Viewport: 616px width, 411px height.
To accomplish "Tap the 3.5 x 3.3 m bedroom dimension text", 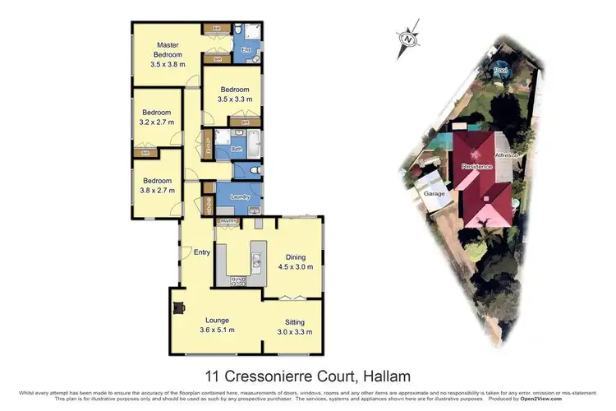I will point(234,99).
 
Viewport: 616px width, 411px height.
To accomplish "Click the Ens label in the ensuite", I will point(244,50).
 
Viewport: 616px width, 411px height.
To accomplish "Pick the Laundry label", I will point(240,197).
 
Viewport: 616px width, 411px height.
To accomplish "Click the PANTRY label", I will point(227,220).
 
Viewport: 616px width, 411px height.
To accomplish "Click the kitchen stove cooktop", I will point(239,281).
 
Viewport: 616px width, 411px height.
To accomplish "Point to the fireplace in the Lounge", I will point(177,309).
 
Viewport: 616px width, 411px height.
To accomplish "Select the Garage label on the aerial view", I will point(434,194).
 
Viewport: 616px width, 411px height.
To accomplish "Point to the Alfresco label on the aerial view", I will point(504,155).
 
